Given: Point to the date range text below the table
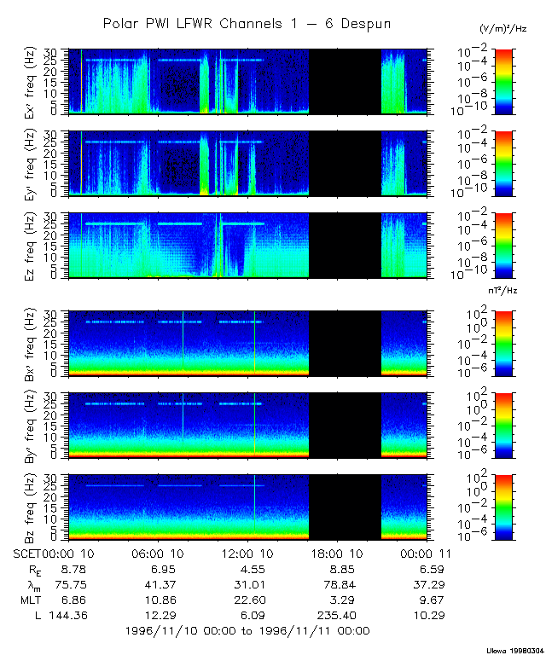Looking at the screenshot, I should (x=247, y=630).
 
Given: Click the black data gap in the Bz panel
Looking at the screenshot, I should (x=345, y=508).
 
